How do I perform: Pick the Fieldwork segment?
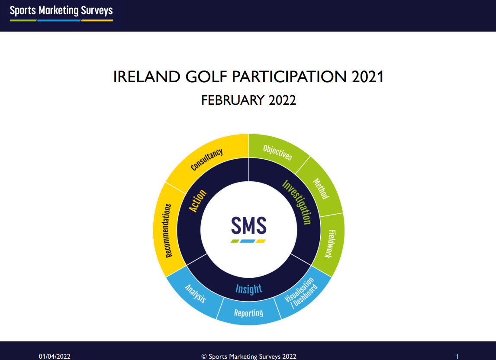331,244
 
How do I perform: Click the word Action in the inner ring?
197,201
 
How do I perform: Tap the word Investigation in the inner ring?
297,202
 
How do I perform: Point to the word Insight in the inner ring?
248,289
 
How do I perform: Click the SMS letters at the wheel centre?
248,225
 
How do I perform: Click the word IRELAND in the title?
147,77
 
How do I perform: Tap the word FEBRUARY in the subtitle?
232,100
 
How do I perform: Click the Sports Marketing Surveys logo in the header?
61,13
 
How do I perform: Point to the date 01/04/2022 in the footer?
55,356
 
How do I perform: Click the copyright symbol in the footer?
204,357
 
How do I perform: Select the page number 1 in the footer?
457,357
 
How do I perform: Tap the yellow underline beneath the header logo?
97,21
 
